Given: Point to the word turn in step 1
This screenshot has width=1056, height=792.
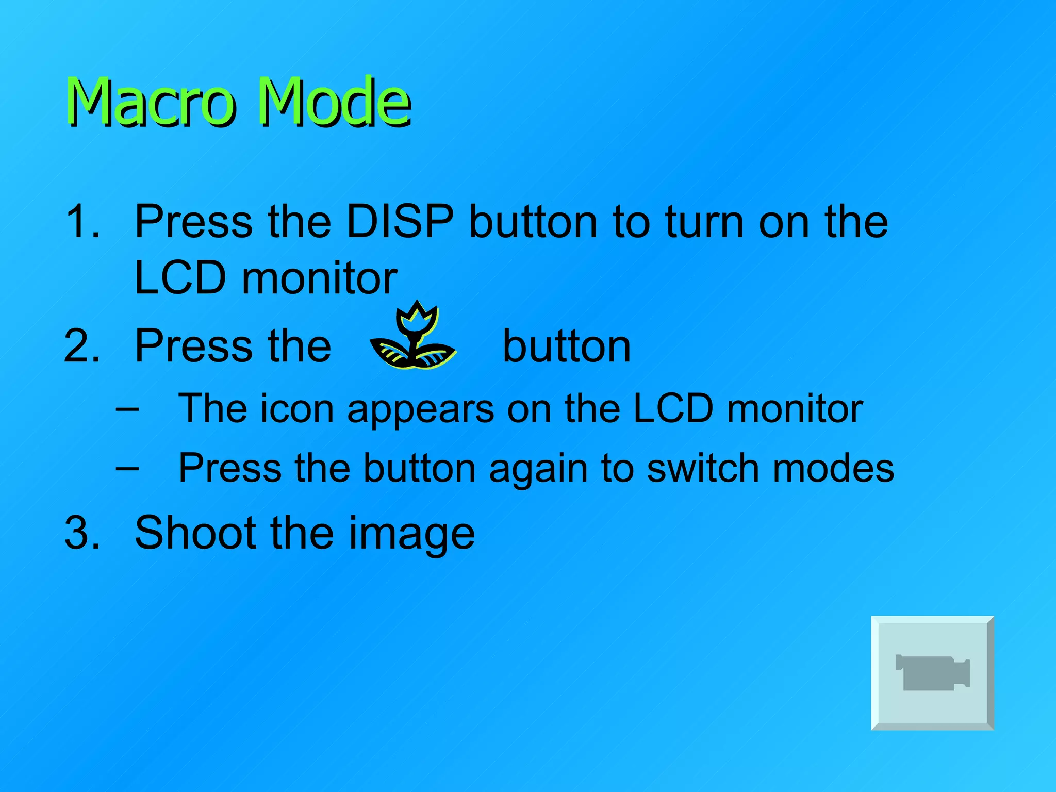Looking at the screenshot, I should pos(705,222).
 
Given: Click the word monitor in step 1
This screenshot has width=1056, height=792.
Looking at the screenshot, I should pos(320,278).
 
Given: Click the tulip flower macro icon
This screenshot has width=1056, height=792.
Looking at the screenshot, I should pos(414,338).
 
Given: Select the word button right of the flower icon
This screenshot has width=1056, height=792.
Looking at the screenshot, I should pos(566,346).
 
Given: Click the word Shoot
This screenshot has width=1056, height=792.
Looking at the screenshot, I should pos(194,533).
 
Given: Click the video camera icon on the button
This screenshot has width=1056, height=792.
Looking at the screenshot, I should pos(932,673).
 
